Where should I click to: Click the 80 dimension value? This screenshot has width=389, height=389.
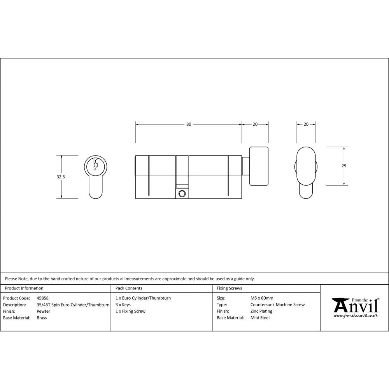tap(189, 124)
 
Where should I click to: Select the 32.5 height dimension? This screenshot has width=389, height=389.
tap(61, 177)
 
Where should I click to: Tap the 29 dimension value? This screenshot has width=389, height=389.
tap(343, 166)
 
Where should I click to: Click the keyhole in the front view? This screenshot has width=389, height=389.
tap(95, 165)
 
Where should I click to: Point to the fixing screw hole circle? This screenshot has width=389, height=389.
tap(181, 193)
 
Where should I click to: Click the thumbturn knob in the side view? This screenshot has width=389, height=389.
tap(259, 166)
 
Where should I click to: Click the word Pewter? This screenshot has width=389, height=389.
tap(43, 311)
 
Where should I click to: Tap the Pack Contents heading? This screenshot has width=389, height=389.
tap(129, 288)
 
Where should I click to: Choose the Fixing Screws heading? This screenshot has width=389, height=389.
tap(229, 288)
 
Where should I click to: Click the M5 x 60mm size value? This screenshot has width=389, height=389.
tap(262, 298)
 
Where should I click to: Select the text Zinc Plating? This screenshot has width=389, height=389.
tap(261, 311)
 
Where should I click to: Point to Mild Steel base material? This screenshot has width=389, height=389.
tap(260, 318)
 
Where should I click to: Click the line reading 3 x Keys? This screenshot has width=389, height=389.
tap(123, 305)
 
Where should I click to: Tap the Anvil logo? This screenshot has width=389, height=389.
tap(355, 306)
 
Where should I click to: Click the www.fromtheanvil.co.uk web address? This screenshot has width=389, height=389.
tap(356, 316)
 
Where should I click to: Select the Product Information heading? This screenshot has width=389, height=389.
tap(24, 288)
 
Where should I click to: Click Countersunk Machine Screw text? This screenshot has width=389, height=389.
tap(277, 305)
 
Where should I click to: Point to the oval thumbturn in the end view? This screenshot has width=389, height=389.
tap(306, 166)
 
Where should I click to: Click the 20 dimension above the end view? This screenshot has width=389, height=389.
tap(306, 124)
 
